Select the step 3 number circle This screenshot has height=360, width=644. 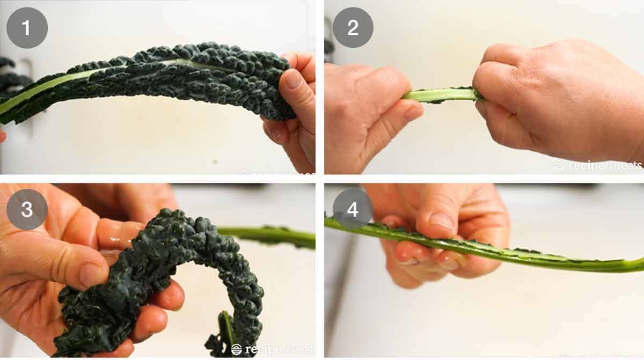pos(27,209)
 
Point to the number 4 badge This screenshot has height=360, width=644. pos(353,209)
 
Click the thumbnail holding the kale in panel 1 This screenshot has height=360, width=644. pos(293,79)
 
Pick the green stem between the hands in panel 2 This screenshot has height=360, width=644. pos(440,95)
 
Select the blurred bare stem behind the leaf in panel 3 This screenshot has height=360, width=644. pos(274,236)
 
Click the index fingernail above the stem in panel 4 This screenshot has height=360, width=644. pos(442,221)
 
